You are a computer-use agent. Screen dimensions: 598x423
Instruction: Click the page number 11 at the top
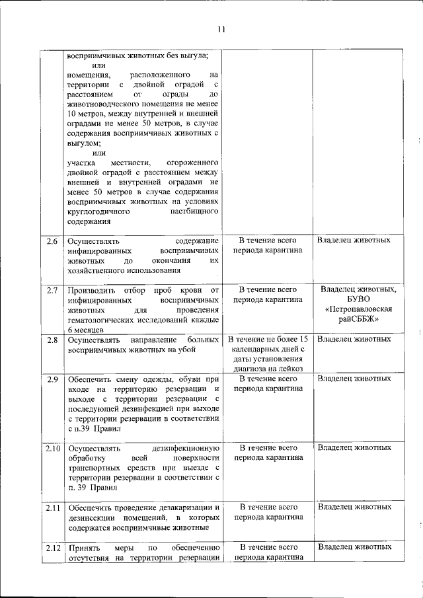(221, 29)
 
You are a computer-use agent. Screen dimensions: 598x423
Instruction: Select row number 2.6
(53, 240)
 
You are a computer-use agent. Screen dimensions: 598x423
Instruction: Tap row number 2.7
(53, 290)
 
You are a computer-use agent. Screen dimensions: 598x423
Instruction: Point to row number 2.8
(53, 340)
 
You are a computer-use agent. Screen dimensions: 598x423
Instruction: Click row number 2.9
(53, 379)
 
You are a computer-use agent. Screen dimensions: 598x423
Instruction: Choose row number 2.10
(53, 449)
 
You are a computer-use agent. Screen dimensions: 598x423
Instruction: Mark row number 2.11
(53, 507)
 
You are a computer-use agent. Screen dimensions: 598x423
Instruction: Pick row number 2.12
(53, 547)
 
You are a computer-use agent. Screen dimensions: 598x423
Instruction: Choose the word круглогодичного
(100, 211)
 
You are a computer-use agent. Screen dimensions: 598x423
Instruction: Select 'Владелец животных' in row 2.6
(354, 240)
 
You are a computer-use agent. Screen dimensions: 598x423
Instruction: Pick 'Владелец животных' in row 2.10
(354, 448)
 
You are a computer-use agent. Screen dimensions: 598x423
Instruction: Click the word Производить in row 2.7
(91, 290)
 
